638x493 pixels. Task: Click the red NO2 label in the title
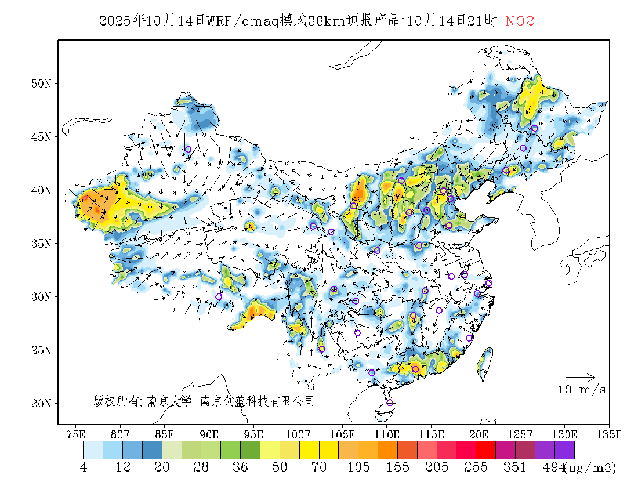[519, 21]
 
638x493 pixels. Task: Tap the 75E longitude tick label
[76, 434]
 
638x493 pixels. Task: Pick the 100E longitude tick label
[298, 434]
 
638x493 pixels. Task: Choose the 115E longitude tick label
[431, 434]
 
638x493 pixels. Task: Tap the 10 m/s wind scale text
[582, 390]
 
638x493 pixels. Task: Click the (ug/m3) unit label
[589, 467]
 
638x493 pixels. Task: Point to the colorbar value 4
[84, 467]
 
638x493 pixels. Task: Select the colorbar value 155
[397, 467]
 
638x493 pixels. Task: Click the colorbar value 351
[515, 467]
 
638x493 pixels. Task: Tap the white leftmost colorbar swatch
[74, 450]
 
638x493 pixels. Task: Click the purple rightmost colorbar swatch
[564, 450]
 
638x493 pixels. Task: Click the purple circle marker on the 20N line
[390, 403]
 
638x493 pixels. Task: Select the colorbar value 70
[319, 467]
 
